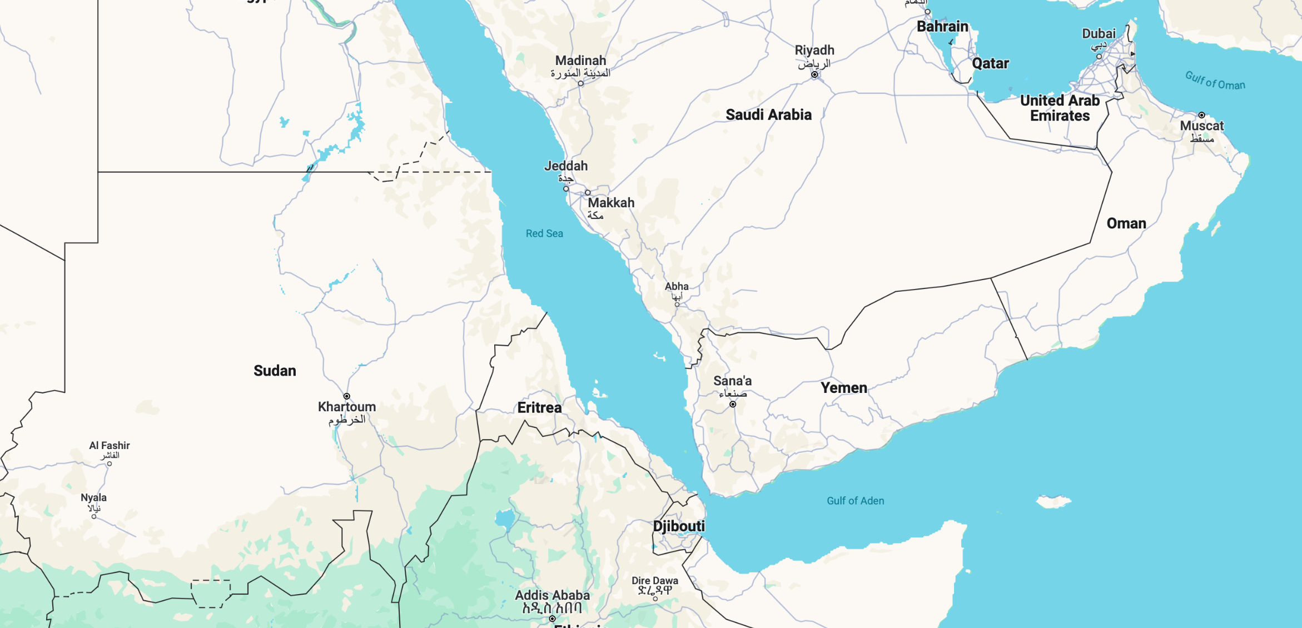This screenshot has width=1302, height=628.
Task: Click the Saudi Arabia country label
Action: click(x=768, y=115)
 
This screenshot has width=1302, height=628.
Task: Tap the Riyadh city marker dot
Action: click(x=814, y=74)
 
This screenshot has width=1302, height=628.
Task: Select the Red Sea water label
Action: click(x=544, y=233)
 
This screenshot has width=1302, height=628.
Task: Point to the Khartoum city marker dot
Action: click(x=347, y=396)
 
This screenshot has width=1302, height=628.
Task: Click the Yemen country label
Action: click(x=844, y=388)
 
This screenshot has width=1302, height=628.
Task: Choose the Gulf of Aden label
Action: click(x=855, y=501)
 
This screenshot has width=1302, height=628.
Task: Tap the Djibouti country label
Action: click(x=679, y=526)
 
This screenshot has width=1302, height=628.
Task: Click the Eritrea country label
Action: click(x=539, y=408)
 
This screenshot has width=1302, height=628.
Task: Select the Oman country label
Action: click(x=1126, y=223)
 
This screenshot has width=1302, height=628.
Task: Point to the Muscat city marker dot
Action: click(x=1201, y=115)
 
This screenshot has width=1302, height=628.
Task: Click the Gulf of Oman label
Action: click(x=1215, y=81)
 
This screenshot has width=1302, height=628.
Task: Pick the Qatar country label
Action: click(x=990, y=63)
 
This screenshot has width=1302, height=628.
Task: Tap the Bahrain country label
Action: click(x=942, y=27)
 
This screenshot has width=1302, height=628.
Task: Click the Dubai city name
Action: click(x=1099, y=34)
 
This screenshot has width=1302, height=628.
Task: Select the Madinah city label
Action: click(x=580, y=61)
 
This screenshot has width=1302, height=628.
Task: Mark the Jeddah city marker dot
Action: click(x=566, y=189)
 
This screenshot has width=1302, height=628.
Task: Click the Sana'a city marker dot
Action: click(x=733, y=404)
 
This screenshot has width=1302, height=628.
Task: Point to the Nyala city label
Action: click(x=93, y=498)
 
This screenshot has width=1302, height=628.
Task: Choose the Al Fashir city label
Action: click(x=110, y=446)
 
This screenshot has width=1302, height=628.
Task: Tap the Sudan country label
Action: click(x=275, y=371)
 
